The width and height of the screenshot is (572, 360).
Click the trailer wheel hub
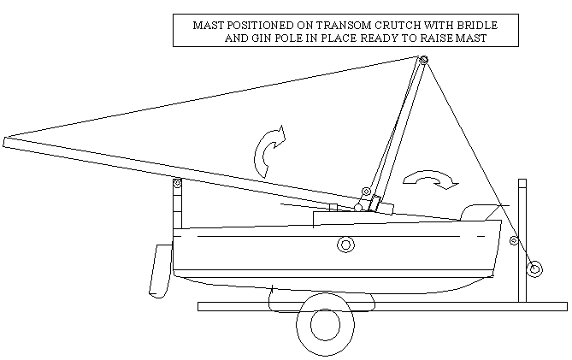point(325,324)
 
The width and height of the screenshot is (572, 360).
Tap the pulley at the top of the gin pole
point(423,60)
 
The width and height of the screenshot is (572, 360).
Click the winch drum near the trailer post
point(534,269)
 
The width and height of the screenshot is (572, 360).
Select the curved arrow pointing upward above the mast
point(268,151)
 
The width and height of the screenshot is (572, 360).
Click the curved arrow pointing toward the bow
point(431,180)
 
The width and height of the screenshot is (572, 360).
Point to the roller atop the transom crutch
point(177,183)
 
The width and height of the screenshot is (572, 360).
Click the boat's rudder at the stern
point(161,270)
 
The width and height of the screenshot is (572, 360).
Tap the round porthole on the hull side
point(345,244)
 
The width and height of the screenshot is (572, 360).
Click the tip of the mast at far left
point(4,142)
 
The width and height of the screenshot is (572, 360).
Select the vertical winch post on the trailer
point(522,240)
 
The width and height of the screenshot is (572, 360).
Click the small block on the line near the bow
point(514,240)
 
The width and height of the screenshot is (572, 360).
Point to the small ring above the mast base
point(366,192)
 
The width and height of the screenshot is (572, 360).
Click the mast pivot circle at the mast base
point(358,208)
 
